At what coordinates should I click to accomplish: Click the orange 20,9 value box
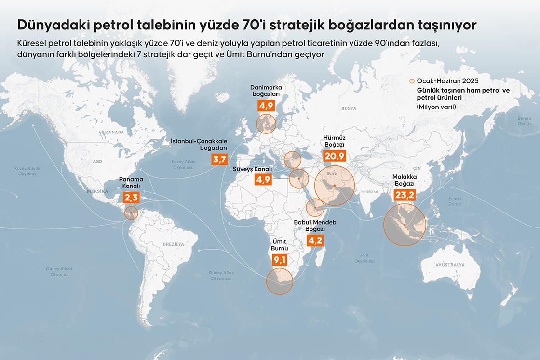pos(335,156)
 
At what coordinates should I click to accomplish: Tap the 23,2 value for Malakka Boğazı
pos(404,195)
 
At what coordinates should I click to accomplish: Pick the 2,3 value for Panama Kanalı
pos(131,198)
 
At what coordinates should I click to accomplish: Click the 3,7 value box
pos(219,159)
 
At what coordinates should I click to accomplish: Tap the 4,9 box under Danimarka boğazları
pos(266,105)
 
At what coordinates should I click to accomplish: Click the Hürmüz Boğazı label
pos(335,141)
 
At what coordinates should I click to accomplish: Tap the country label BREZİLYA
pos(174,244)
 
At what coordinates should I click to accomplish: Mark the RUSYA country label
pos(349,109)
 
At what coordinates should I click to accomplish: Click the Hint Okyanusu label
pos(364,258)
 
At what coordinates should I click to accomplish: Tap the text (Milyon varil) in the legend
pos(436,107)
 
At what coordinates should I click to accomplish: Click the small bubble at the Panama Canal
pos(130,213)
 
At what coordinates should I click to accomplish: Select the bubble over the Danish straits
pos(266,123)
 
